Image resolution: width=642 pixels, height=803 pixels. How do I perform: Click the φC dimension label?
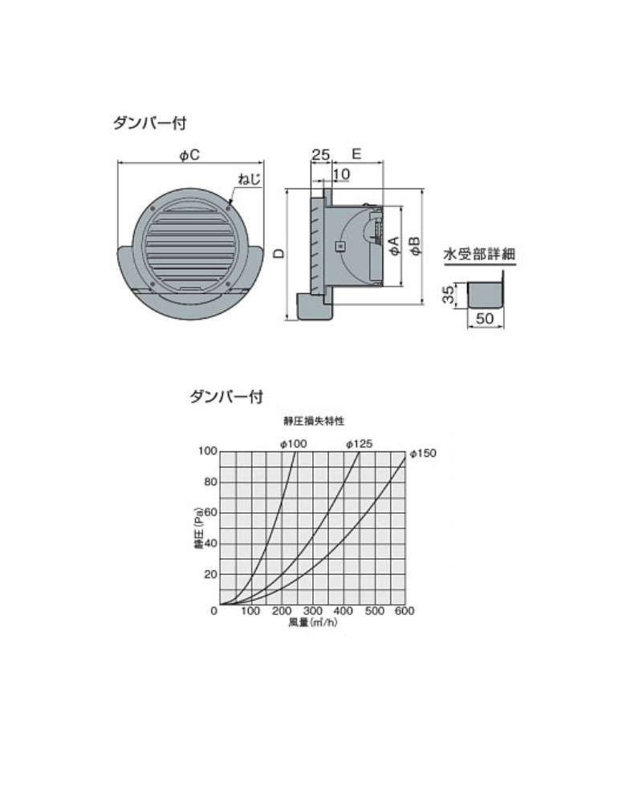pyautogui.click(x=189, y=154)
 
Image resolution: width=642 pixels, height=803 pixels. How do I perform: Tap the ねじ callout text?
pyautogui.click(x=250, y=179)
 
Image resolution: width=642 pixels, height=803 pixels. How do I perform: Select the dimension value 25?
pyautogui.click(x=320, y=154)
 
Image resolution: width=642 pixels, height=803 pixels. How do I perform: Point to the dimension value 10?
pyautogui.click(x=342, y=174)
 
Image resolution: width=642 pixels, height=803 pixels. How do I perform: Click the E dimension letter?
pyautogui.click(x=357, y=153)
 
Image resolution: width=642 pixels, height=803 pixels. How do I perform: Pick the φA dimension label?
pyautogui.click(x=394, y=246)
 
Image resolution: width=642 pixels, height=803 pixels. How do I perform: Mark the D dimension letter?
pyautogui.click(x=279, y=253)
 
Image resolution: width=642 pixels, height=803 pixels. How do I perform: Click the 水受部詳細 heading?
pyautogui.click(x=479, y=255)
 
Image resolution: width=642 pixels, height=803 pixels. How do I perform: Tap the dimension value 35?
pyautogui.click(x=449, y=295)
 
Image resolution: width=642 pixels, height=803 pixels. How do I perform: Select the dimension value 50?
pyautogui.click(x=485, y=318)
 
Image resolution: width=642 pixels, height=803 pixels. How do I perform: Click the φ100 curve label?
pyautogui.click(x=294, y=444)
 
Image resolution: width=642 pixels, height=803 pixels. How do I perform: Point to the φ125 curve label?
pyautogui.click(x=359, y=444)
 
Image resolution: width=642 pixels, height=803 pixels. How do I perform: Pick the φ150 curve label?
pyautogui.click(x=423, y=453)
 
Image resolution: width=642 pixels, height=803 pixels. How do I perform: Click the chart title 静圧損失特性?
pyautogui.click(x=314, y=421)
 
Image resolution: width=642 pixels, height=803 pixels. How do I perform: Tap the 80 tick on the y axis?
pyautogui.click(x=211, y=482)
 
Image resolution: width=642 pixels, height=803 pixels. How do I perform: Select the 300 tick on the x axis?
pyautogui.click(x=312, y=611)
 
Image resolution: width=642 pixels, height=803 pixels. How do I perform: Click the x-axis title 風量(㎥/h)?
pyautogui.click(x=313, y=623)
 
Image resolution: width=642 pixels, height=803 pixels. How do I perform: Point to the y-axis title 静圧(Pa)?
pyautogui.click(x=199, y=528)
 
